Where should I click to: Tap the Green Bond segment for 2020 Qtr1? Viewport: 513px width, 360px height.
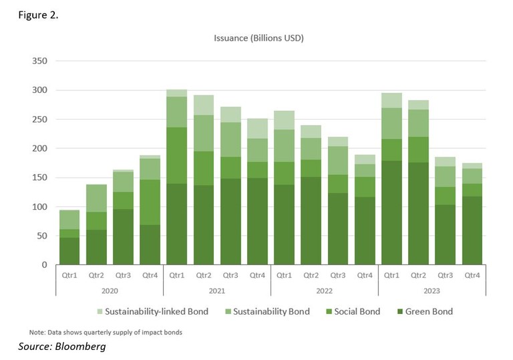pyautogui.click(x=69, y=251)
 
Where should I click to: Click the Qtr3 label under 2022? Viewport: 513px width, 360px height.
pyautogui.click(x=337, y=274)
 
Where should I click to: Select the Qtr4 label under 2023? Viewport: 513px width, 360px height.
pyautogui.click(x=472, y=274)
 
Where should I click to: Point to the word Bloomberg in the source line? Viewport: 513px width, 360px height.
pyautogui.click(x=81, y=347)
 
